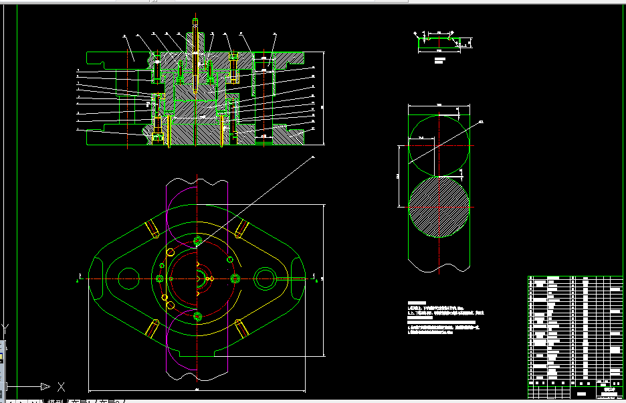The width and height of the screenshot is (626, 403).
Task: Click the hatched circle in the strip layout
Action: click(438, 206)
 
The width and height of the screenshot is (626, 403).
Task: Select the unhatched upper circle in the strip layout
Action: click(438, 145)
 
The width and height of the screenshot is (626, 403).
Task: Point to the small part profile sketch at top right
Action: click(439, 42)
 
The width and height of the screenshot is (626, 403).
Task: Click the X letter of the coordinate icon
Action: click(61, 386)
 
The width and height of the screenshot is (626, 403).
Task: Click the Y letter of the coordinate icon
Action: click(5, 328)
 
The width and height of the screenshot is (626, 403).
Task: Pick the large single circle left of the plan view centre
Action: click(128, 278)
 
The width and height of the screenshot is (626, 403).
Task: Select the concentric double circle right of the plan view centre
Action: click(265, 278)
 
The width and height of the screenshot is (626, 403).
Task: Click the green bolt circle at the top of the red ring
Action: click(197, 240)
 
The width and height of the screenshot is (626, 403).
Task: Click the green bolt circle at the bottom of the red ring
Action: click(197, 315)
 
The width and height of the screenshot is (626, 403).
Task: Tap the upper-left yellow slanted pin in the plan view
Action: click(152, 230)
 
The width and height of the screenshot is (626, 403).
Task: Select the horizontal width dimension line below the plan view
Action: click(197, 391)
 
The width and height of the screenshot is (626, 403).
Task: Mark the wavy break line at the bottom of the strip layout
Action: click(438, 268)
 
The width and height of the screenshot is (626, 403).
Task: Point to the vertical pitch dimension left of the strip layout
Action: click(399, 175)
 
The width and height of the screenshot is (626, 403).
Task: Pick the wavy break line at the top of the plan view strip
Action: click(197, 181)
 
